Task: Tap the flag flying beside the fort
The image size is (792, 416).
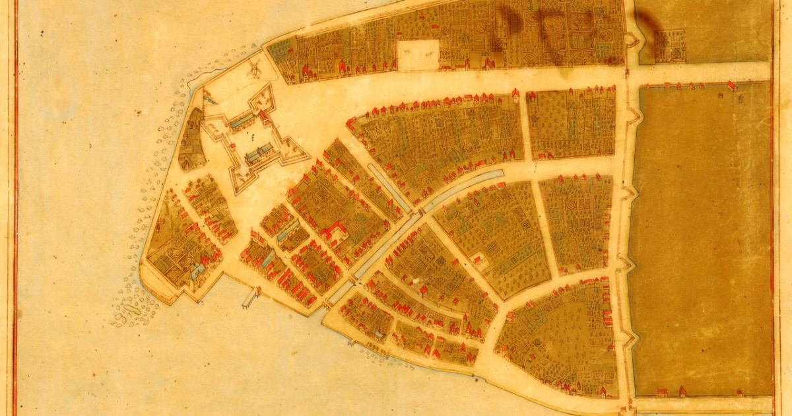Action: [208, 97]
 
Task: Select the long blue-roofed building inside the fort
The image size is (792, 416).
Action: [242, 121]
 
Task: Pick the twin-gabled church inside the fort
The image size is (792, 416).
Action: [260, 153]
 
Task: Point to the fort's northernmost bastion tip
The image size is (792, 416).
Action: [271, 87]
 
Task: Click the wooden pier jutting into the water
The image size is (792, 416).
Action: [249, 297]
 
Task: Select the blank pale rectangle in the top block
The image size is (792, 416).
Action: [418, 54]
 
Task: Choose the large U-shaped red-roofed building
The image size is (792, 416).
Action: [335, 230]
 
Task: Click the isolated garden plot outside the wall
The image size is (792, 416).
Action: [671, 46]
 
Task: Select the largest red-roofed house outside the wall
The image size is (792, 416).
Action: [731, 86]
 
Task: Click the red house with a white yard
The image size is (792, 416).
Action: [480, 259]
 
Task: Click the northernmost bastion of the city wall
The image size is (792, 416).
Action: [632, 40]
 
